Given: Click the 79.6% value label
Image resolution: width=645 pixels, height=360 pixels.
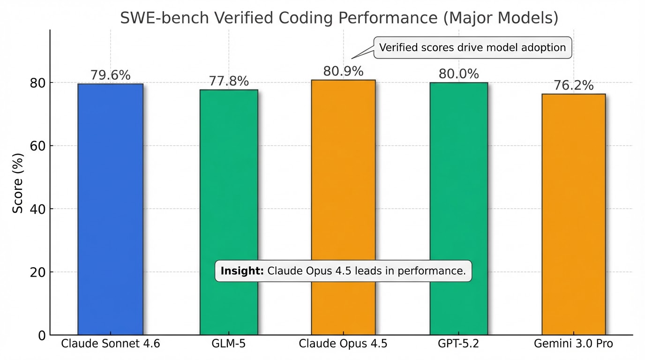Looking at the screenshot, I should click(x=111, y=75).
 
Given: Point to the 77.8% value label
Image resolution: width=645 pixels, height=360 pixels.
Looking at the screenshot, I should click(x=229, y=81).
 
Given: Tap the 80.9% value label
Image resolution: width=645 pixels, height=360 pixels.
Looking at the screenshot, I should click(x=344, y=71).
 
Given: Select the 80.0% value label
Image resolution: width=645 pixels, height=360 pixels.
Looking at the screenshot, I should click(x=458, y=74).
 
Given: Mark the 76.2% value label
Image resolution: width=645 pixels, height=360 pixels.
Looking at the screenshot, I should click(x=573, y=86).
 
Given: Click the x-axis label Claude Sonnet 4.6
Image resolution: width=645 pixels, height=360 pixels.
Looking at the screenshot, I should click(x=111, y=344).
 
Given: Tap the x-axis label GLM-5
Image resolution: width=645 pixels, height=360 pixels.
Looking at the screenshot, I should click(x=229, y=344).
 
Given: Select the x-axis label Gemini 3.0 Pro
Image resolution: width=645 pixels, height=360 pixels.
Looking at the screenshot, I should click(x=573, y=344).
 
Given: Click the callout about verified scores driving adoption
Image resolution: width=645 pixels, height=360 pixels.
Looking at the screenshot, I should click(x=472, y=47).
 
